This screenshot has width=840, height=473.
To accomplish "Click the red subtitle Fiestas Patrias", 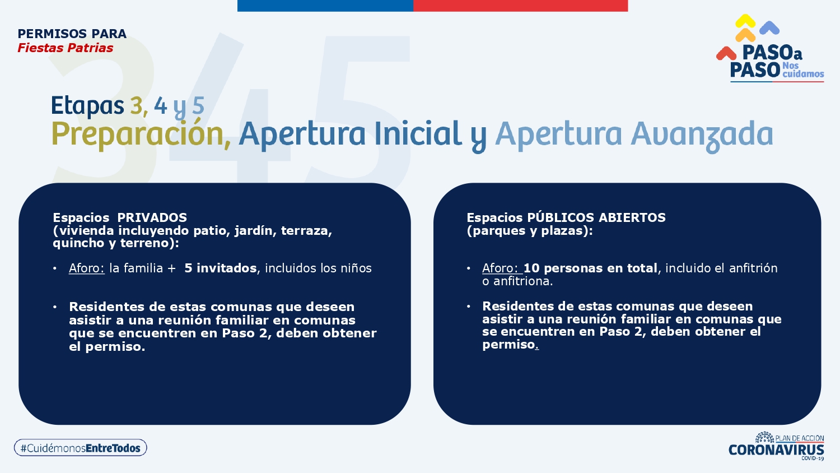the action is (66, 48).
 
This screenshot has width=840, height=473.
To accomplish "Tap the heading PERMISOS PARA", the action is (72, 34).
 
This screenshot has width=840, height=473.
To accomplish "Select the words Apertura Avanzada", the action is (634, 135).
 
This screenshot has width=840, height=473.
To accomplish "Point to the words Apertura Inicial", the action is (350, 135).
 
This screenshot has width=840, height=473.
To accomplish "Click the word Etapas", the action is (87, 106).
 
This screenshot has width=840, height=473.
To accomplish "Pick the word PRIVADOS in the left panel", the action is (152, 218).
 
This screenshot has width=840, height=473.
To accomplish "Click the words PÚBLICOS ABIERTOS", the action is (596, 218).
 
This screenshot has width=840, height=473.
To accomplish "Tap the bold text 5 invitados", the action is (221, 268).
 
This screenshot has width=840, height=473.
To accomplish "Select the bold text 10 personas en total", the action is (590, 268).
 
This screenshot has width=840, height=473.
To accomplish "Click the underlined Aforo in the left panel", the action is (87, 268).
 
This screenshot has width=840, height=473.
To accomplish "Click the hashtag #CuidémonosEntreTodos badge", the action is (80, 447).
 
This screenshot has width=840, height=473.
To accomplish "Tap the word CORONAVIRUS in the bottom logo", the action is (776, 449).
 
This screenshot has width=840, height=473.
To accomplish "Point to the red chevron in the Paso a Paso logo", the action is (726, 53).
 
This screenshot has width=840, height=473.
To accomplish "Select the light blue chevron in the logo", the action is (769, 27).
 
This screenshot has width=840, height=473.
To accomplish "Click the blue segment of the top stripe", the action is (325, 6).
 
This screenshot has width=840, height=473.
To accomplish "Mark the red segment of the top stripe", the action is (520, 6).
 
